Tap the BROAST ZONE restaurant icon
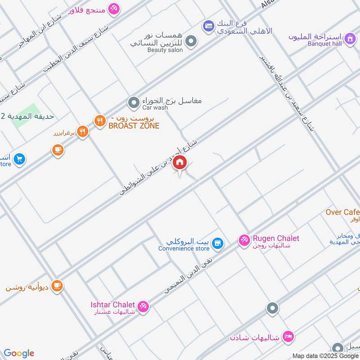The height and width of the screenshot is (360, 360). click(99, 121)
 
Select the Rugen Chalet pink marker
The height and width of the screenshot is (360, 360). click(244, 241)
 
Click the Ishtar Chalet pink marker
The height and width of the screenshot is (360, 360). click(143, 306)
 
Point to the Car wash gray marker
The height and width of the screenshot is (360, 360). click(133, 103)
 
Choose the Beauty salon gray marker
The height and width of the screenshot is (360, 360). click(191, 41)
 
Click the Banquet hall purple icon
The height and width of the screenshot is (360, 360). click(349, 40)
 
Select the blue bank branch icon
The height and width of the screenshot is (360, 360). click(208, 26)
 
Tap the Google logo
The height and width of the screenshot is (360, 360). click(19, 353)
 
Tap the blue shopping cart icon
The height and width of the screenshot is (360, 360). click(19, 159)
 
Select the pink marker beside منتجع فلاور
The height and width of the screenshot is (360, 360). click(114, 9)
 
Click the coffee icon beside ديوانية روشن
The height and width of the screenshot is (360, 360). click(57, 286)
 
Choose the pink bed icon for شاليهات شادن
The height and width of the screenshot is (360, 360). click(288, 336)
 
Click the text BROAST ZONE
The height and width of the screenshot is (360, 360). click(134, 126)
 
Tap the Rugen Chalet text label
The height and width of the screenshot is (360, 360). click(276, 238)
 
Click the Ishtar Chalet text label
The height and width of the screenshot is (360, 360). click(112, 305)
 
